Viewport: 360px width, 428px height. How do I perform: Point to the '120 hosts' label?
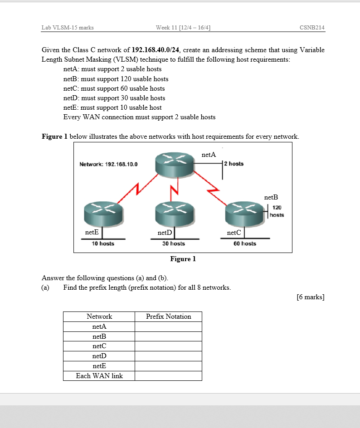(x=277, y=211)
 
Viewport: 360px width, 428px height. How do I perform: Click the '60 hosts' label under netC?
(x=245, y=243)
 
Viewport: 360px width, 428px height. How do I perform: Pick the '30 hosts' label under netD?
(x=174, y=243)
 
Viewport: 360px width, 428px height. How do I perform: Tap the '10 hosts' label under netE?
(x=103, y=243)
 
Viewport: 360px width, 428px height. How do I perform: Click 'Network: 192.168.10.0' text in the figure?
(x=109, y=164)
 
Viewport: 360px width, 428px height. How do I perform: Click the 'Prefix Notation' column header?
(x=168, y=316)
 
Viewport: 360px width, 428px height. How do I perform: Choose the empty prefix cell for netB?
(x=168, y=336)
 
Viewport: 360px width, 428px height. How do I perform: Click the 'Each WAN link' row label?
(x=99, y=375)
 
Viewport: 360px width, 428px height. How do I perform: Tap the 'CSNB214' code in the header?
(x=312, y=28)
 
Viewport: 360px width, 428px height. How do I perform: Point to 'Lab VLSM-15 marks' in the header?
(x=68, y=28)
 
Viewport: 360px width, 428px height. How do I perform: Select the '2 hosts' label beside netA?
(x=235, y=164)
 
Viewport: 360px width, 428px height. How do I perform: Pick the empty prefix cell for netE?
(x=168, y=366)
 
